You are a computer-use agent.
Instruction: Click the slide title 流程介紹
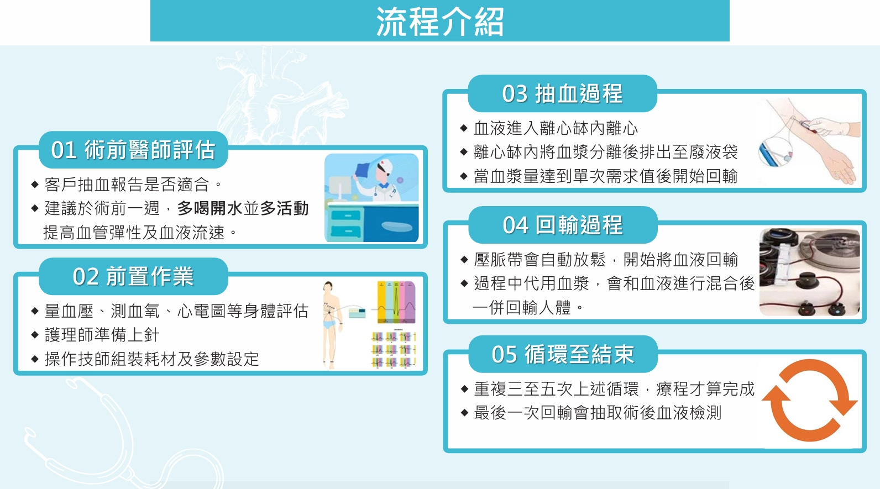point(440,22)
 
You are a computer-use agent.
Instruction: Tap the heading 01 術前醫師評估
point(133,150)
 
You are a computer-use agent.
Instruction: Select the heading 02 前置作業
point(133,276)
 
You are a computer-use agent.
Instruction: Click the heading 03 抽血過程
point(562,94)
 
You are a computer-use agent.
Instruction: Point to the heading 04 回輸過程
point(563,225)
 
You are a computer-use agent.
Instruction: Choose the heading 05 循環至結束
point(563,354)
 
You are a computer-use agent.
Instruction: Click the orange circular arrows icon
point(810,401)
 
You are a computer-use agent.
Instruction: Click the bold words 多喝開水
point(210,208)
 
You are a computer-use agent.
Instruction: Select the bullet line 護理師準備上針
point(102,335)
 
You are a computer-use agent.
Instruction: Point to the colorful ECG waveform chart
point(396,302)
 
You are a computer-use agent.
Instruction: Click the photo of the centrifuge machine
point(810,272)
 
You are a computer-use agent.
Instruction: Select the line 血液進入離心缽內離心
point(556,129)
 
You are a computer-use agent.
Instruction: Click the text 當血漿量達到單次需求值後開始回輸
point(605,176)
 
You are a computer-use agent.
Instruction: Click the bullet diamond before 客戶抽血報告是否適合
point(35,185)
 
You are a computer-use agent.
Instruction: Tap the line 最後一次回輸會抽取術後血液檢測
point(597,413)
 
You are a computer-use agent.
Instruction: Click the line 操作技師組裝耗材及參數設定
point(151,359)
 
